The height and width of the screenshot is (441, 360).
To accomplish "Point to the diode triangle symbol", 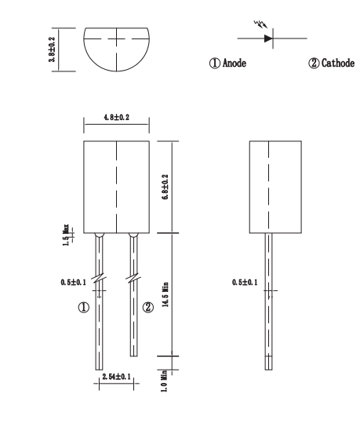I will pyautogui.click(x=269, y=37).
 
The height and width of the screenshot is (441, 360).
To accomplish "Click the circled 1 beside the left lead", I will pyautogui.click(x=82, y=308).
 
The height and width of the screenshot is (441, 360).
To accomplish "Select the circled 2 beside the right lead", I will pyautogui.click(x=147, y=308).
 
